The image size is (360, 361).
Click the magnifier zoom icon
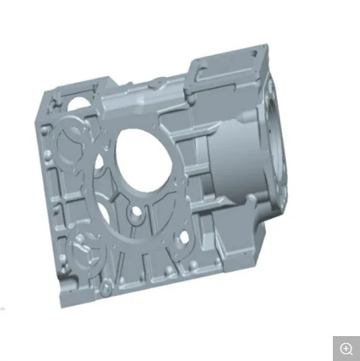coord(346,348)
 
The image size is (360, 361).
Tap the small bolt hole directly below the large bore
coord(137,214)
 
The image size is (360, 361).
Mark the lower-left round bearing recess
coord(82,248)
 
